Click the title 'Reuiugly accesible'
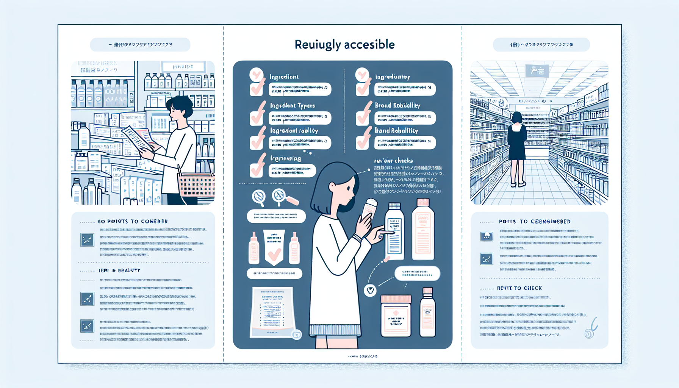[x=344, y=45]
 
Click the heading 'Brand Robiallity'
[x=397, y=105]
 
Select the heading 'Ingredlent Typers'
[x=292, y=105]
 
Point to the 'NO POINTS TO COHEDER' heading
[x=132, y=221]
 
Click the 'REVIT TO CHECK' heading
[x=519, y=288]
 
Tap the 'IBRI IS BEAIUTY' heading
[x=119, y=271]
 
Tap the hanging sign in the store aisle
[x=537, y=71]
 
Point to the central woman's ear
[x=332, y=186]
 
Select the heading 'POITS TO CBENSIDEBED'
[x=534, y=221]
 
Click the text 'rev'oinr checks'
[x=393, y=161]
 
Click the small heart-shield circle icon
[x=370, y=290]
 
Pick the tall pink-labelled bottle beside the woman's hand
[x=423, y=230]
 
